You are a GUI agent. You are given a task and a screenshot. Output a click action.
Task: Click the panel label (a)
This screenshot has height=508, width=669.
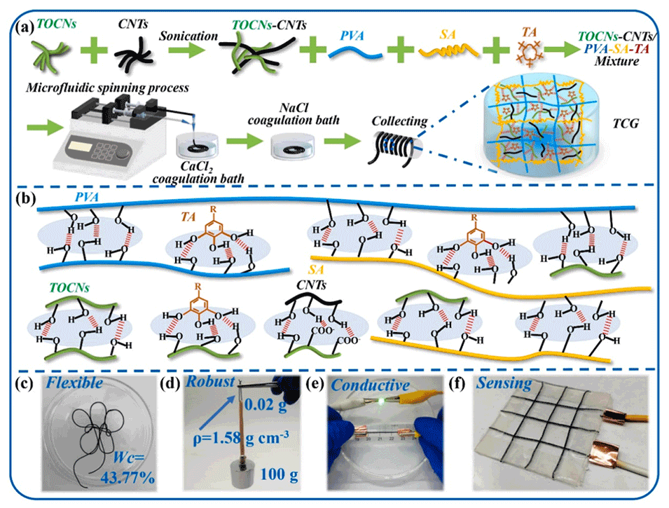pos(26,29)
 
